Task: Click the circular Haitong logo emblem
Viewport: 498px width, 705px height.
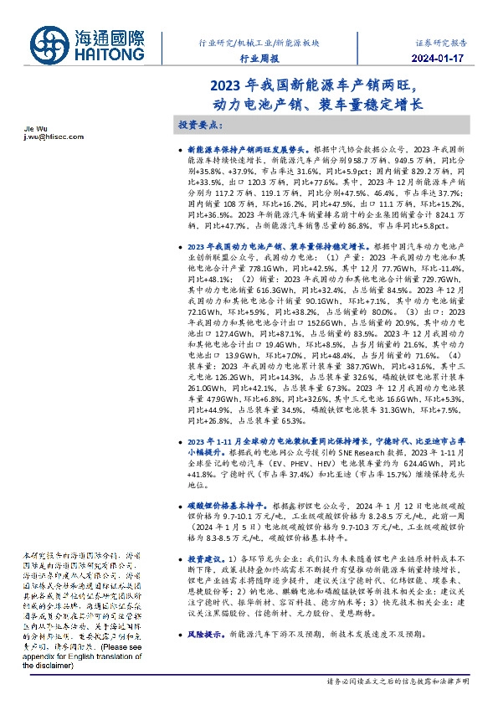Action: (52, 45)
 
